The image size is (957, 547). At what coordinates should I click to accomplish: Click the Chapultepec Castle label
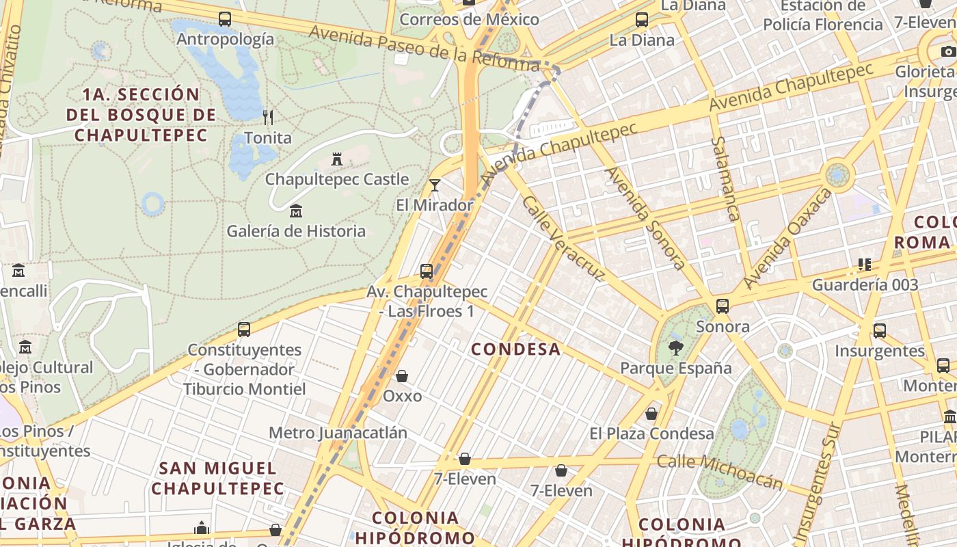[337, 180]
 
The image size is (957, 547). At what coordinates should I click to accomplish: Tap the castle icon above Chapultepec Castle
[336, 159]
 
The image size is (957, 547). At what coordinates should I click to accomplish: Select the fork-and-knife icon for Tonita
[268, 118]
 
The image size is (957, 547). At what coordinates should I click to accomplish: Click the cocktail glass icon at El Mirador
[435, 185]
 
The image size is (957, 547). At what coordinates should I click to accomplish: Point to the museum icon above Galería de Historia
[296, 211]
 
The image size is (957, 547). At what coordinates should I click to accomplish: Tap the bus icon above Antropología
[225, 19]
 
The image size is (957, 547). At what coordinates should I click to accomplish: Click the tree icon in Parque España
[675, 347]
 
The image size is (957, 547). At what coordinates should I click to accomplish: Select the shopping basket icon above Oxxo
[402, 376]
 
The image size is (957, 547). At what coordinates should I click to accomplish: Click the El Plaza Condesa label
[651, 433]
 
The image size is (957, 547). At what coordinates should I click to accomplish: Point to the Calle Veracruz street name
[563, 239]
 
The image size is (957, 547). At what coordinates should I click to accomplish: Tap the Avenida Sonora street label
[646, 218]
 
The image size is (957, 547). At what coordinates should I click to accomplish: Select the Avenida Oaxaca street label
[788, 238]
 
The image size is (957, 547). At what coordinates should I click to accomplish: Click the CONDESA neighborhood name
[516, 349]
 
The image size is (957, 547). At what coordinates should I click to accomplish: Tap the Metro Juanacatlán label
[338, 433]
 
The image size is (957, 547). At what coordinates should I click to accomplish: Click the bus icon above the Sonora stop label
[723, 306]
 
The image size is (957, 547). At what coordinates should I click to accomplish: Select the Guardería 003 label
[865, 284]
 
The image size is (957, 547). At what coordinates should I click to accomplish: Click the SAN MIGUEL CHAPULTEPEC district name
[217, 479]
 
